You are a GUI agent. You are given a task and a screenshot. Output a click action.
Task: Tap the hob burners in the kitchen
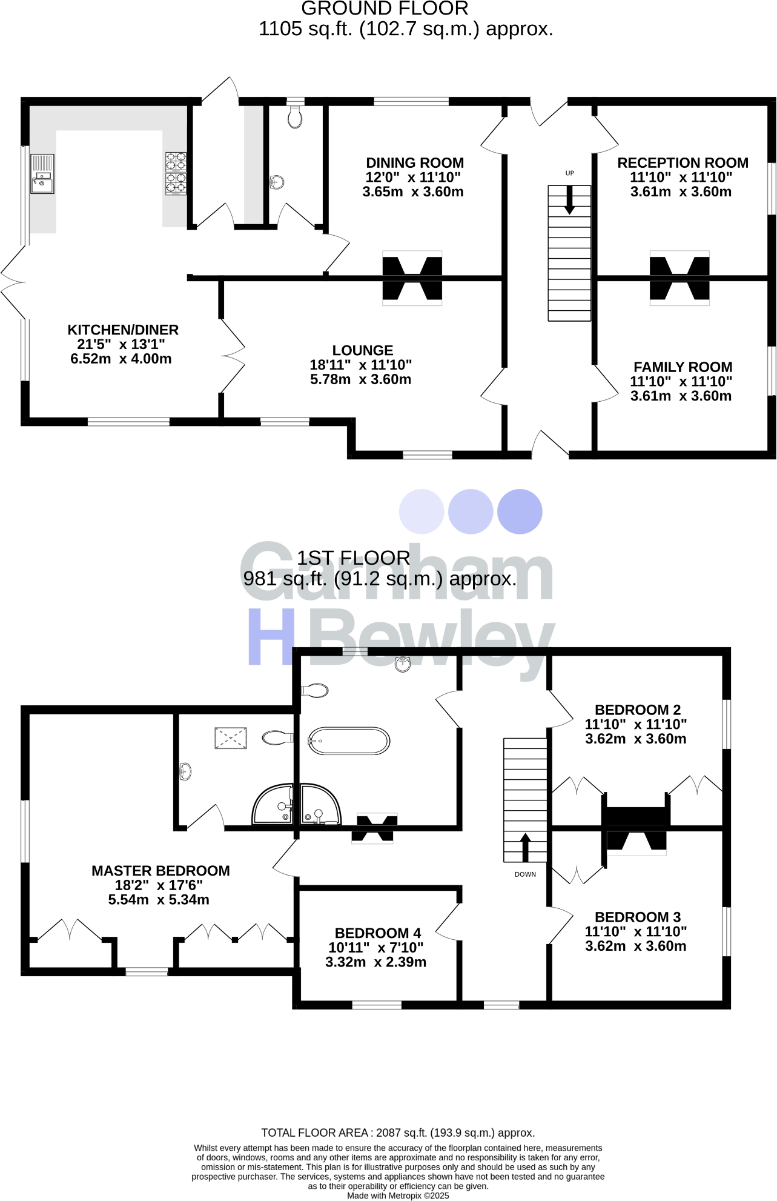(x=176, y=173)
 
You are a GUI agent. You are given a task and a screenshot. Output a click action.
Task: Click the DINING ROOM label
(x=415, y=163)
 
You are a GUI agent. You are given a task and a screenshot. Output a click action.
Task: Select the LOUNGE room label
(x=363, y=350)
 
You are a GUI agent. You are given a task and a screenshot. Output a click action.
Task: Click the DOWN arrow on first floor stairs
(x=525, y=847)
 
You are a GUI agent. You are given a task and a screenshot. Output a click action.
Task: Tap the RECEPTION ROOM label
(x=683, y=163)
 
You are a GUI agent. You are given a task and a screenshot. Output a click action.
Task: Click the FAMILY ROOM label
(x=683, y=367)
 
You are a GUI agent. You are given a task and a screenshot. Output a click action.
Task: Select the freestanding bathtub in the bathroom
(x=349, y=741)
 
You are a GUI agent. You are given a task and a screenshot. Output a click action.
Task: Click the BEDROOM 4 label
(x=378, y=933)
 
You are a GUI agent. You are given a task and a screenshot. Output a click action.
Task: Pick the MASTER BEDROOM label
(x=160, y=871)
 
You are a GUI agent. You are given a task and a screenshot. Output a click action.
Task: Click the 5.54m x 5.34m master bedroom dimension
(x=159, y=900)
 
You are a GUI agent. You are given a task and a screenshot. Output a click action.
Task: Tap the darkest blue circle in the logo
(x=520, y=511)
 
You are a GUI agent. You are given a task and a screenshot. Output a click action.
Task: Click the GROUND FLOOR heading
(x=385, y=9)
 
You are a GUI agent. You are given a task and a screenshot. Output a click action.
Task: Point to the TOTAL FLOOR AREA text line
(x=398, y=1133)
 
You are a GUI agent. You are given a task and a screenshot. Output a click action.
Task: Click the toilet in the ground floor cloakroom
(x=295, y=117)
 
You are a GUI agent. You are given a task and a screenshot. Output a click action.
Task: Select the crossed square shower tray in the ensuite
(x=231, y=738)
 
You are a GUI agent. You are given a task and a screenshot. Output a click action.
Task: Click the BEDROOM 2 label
(x=638, y=710)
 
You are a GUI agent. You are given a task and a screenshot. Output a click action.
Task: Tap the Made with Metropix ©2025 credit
(x=398, y=1196)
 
